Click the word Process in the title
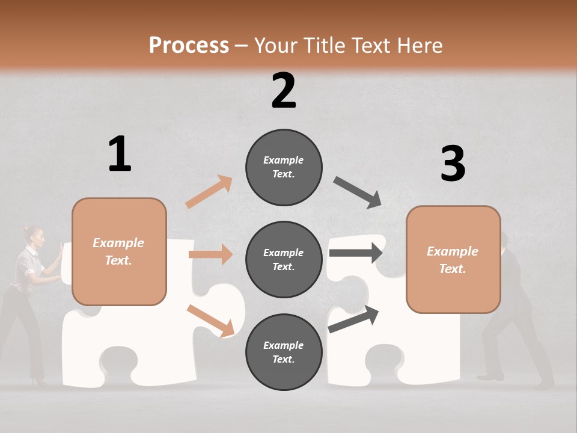pyautogui.click(x=189, y=46)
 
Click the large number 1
pyautogui.click(x=120, y=154)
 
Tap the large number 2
pyautogui.click(x=284, y=90)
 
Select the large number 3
pyautogui.click(x=453, y=164)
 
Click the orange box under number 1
pyautogui.click(x=119, y=251)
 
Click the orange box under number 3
pyautogui.click(x=453, y=260)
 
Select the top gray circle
pyautogui.click(x=284, y=167)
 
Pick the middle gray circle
pyautogui.click(x=284, y=260)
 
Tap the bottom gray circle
pyautogui.click(x=284, y=352)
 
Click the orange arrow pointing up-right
pyautogui.click(x=209, y=191)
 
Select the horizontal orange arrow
pyautogui.click(x=210, y=254)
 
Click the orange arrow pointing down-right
pyautogui.click(x=211, y=321)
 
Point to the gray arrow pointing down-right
pyautogui.click(x=358, y=192)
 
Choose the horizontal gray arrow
pyautogui.click(x=356, y=253)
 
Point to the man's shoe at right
pyautogui.click(x=490, y=376)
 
